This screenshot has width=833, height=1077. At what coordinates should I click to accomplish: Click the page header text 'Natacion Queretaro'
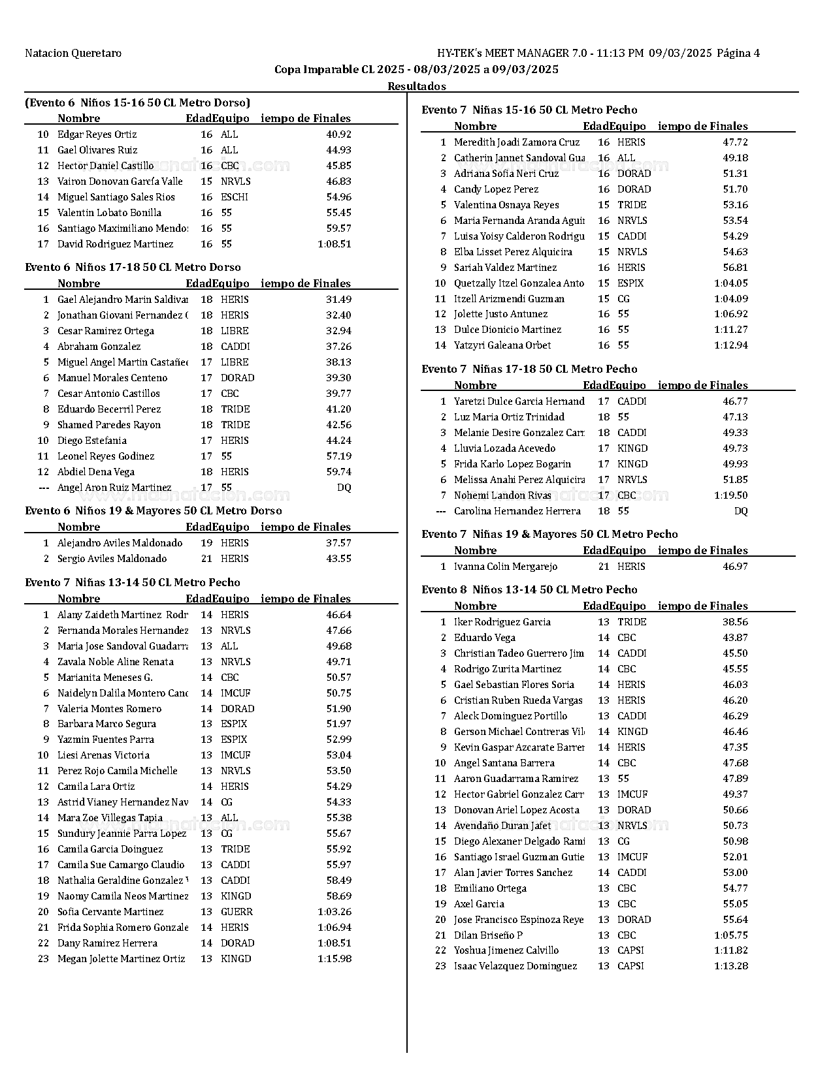pyautogui.click(x=73, y=54)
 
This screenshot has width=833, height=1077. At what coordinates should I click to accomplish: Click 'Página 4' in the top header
pyautogui.click(x=738, y=54)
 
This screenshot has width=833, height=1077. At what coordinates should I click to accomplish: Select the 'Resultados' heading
pyautogui.click(x=417, y=86)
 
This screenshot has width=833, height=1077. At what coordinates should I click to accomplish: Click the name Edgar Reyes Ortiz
pyautogui.click(x=97, y=134)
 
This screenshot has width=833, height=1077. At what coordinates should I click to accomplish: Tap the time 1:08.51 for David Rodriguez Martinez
pyautogui.click(x=335, y=244)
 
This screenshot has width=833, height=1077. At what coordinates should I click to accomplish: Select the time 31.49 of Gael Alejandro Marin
pyautogui.click(x=338, y=300)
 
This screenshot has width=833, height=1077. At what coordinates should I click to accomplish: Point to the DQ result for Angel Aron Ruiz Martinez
pyautogui.click(x=344, y=488)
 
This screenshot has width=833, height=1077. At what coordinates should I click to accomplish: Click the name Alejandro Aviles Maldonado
pyautogui.click(x=120, y=543)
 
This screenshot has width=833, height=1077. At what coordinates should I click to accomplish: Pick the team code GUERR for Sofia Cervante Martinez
pyautogui.click(x=237, y=912)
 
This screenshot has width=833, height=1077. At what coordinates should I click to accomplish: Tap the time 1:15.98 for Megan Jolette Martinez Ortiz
pyautogui.click(x=335, y=959)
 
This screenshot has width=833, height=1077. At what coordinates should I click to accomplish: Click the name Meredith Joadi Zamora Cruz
pyautogui.click(x=517, y=142)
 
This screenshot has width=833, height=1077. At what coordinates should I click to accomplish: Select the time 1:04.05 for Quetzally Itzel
pyautogui.click(x=731, y=283)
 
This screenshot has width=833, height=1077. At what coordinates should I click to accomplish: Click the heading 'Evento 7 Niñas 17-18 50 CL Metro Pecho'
pyautogui.click(x=529, y=369)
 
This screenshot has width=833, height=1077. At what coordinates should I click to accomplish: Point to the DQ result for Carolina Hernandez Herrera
pyautogui.click(x=741, y=511)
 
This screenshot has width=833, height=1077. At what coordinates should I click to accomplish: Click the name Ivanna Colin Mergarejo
pyautogui.click(x=506, y=567)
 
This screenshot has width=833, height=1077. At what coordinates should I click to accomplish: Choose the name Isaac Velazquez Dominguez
pyautogui.click(x=515, y=966)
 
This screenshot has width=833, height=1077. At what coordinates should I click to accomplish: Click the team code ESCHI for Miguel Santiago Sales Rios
pyautogui.click(x=235, y=197)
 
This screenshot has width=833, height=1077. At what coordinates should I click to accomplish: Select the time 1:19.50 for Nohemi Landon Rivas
pyautogui.click(x=731, y=495)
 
